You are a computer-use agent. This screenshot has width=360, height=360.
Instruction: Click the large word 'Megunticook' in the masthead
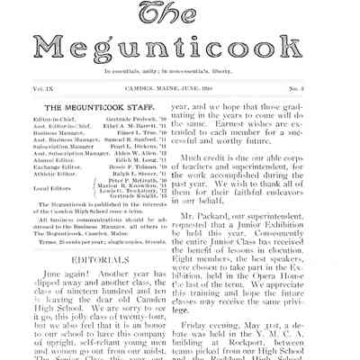pyautogui.click(x=180, y=45)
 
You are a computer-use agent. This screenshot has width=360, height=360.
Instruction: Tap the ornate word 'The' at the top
pyautogui.click(x=180, y=13)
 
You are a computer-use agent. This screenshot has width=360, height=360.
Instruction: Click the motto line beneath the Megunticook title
pyautogui.click(x=180, y=71)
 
